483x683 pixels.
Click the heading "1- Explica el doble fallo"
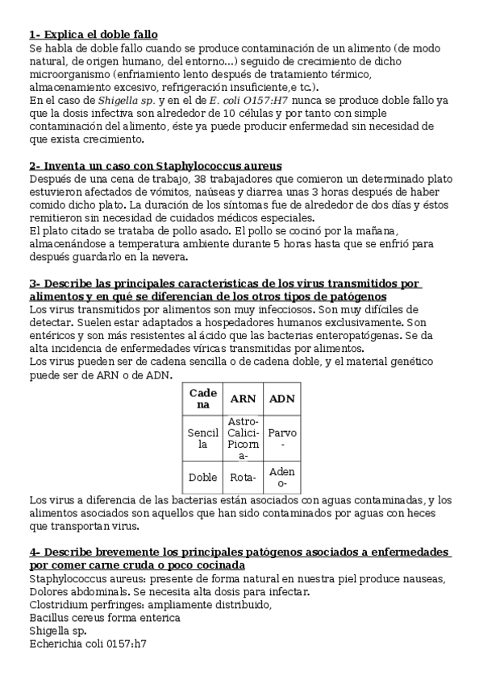(93, 34)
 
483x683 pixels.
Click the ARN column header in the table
(243, 398)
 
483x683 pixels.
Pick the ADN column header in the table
(281, 398)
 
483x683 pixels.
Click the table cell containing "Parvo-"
(281, 438)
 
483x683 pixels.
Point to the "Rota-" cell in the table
(243, 477)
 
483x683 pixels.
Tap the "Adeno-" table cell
(281, 477)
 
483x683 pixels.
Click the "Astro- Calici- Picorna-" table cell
(243, 438)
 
